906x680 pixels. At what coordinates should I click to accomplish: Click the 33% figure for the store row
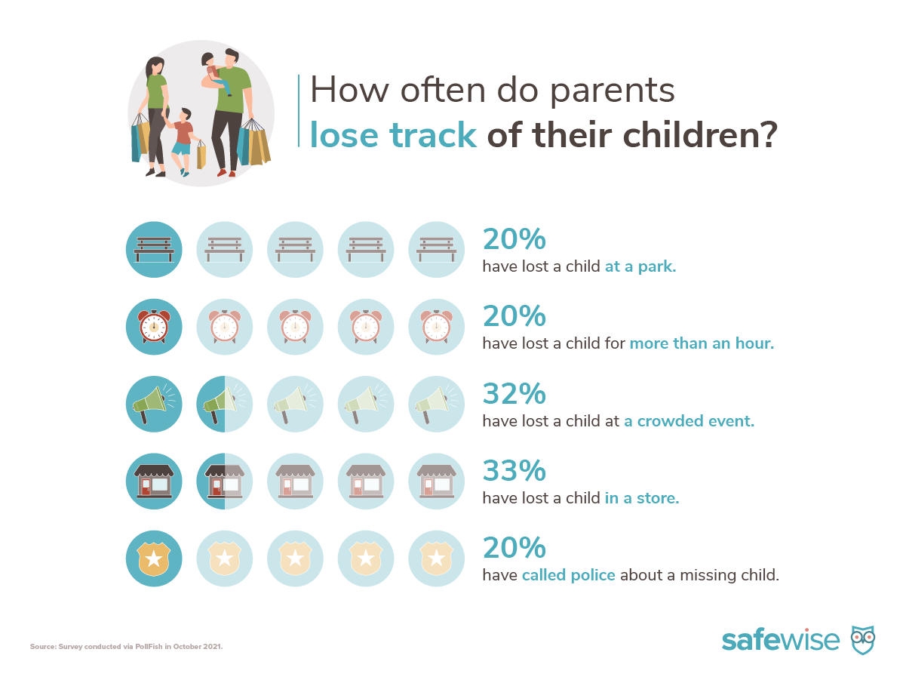click(514, 470)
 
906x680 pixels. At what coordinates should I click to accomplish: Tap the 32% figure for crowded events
click(514, 393)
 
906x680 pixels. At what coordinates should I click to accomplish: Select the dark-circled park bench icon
click(154, 249)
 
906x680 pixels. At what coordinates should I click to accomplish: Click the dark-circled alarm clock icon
click(154, 327)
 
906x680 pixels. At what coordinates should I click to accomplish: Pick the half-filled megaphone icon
click(225, 404)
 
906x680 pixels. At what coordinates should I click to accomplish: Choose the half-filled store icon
click(225, 481)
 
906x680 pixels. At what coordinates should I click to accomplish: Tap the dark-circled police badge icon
click(154, 558)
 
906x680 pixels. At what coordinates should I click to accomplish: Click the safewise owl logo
click(863, 639)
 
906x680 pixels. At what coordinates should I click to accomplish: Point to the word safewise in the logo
click(781, 640)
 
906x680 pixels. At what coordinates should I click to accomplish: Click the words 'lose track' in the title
click(393, 134)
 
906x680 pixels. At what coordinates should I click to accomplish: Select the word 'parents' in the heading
click(613, 91)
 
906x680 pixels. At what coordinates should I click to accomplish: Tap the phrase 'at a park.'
click(640, 266)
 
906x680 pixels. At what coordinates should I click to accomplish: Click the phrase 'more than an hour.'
click(702, 343)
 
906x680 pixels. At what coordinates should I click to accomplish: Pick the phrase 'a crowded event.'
click(689, 421)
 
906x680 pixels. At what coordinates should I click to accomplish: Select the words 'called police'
click(568, 575)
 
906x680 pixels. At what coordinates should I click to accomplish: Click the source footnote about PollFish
click(126, 647)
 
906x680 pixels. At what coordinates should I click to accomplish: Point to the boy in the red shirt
click(183, 140)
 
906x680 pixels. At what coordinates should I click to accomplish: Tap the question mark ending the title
click(769, 134)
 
